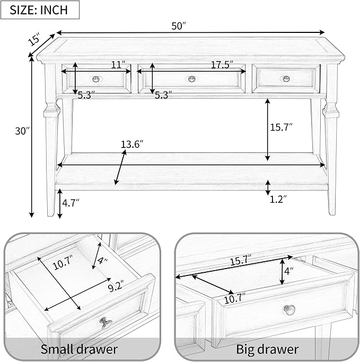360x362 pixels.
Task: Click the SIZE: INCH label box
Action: (40, 10)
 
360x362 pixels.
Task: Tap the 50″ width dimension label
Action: (179, 26)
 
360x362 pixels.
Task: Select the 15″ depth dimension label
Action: (34, 39)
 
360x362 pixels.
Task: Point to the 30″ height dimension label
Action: (23, 131)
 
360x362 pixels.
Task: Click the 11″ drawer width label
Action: (118, 65)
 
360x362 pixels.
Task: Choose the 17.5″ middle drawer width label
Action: (222, 65)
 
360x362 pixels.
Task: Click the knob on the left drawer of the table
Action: (96, 79)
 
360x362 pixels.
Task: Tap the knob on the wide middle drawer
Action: (191, 79)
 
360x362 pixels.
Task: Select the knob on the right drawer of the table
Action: (286, 79)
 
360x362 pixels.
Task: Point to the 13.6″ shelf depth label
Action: (133, 145)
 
